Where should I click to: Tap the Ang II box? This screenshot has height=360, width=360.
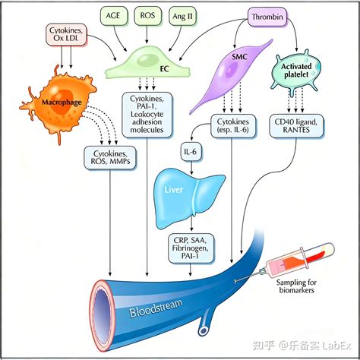pos(185,15)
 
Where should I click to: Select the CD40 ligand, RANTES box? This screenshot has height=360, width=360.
pos(300,125)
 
